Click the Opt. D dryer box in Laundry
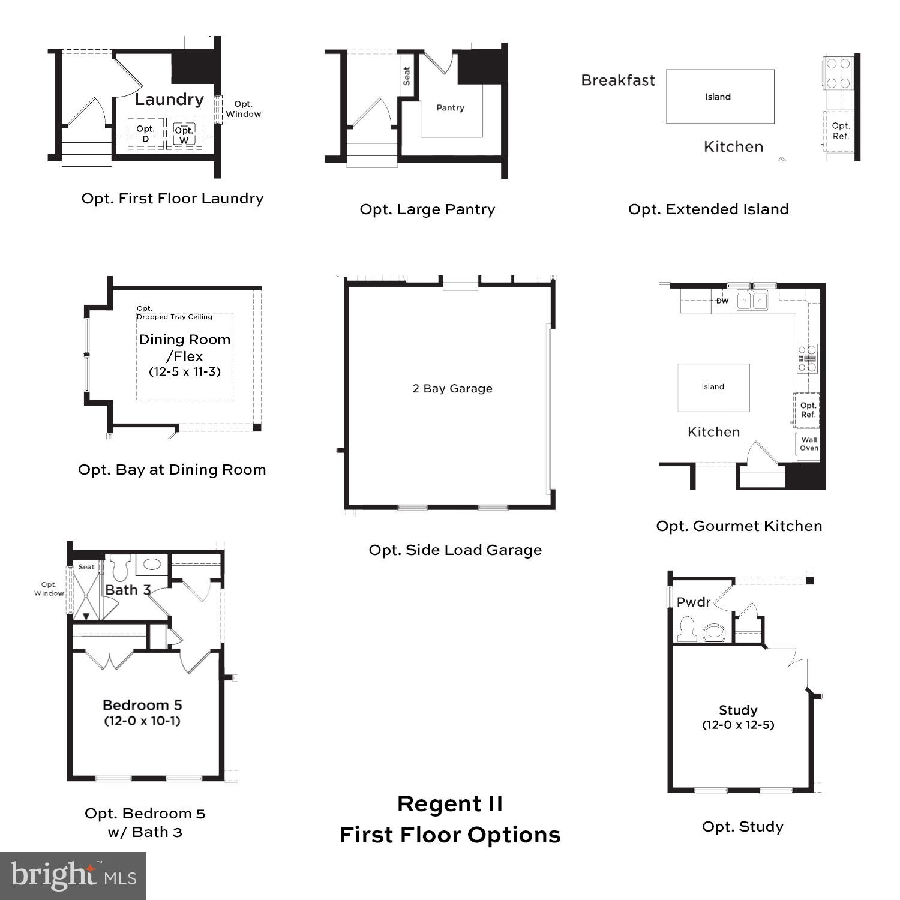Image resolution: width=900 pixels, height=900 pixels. (x=145, y=133)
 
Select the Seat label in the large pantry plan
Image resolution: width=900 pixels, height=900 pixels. (x=407, y=76)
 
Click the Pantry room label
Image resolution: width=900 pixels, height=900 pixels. (x=450, y=108)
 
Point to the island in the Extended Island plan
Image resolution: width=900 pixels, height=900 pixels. (x=719, y=97)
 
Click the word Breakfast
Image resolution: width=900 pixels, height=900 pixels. (x=617, y=80)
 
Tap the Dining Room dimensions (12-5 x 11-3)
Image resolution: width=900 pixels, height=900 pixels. (x=185, y=372)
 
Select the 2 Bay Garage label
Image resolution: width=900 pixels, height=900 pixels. (x=452, y=389)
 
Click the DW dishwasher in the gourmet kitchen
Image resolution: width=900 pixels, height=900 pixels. (x=722, y=301)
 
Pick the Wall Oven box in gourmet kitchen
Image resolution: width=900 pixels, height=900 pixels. (x=809, y=444)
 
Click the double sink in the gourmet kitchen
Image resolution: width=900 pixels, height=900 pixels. (x=752, y=300)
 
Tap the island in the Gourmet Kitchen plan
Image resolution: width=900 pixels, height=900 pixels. (x=713, y=387)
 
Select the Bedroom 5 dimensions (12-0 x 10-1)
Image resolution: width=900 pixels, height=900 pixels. (x=142, y=721)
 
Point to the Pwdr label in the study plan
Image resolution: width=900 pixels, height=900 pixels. (x=694, y=602)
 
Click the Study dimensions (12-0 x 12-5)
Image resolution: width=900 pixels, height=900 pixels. (x=738, y=725)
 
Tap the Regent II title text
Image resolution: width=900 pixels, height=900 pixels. (x=450, y=804)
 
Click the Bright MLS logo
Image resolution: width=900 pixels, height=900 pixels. (x=73, y=876)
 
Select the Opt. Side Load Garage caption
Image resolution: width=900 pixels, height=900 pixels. (x=455, y=550)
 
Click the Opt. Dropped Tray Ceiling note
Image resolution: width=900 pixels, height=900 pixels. (x=174, y=313)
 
